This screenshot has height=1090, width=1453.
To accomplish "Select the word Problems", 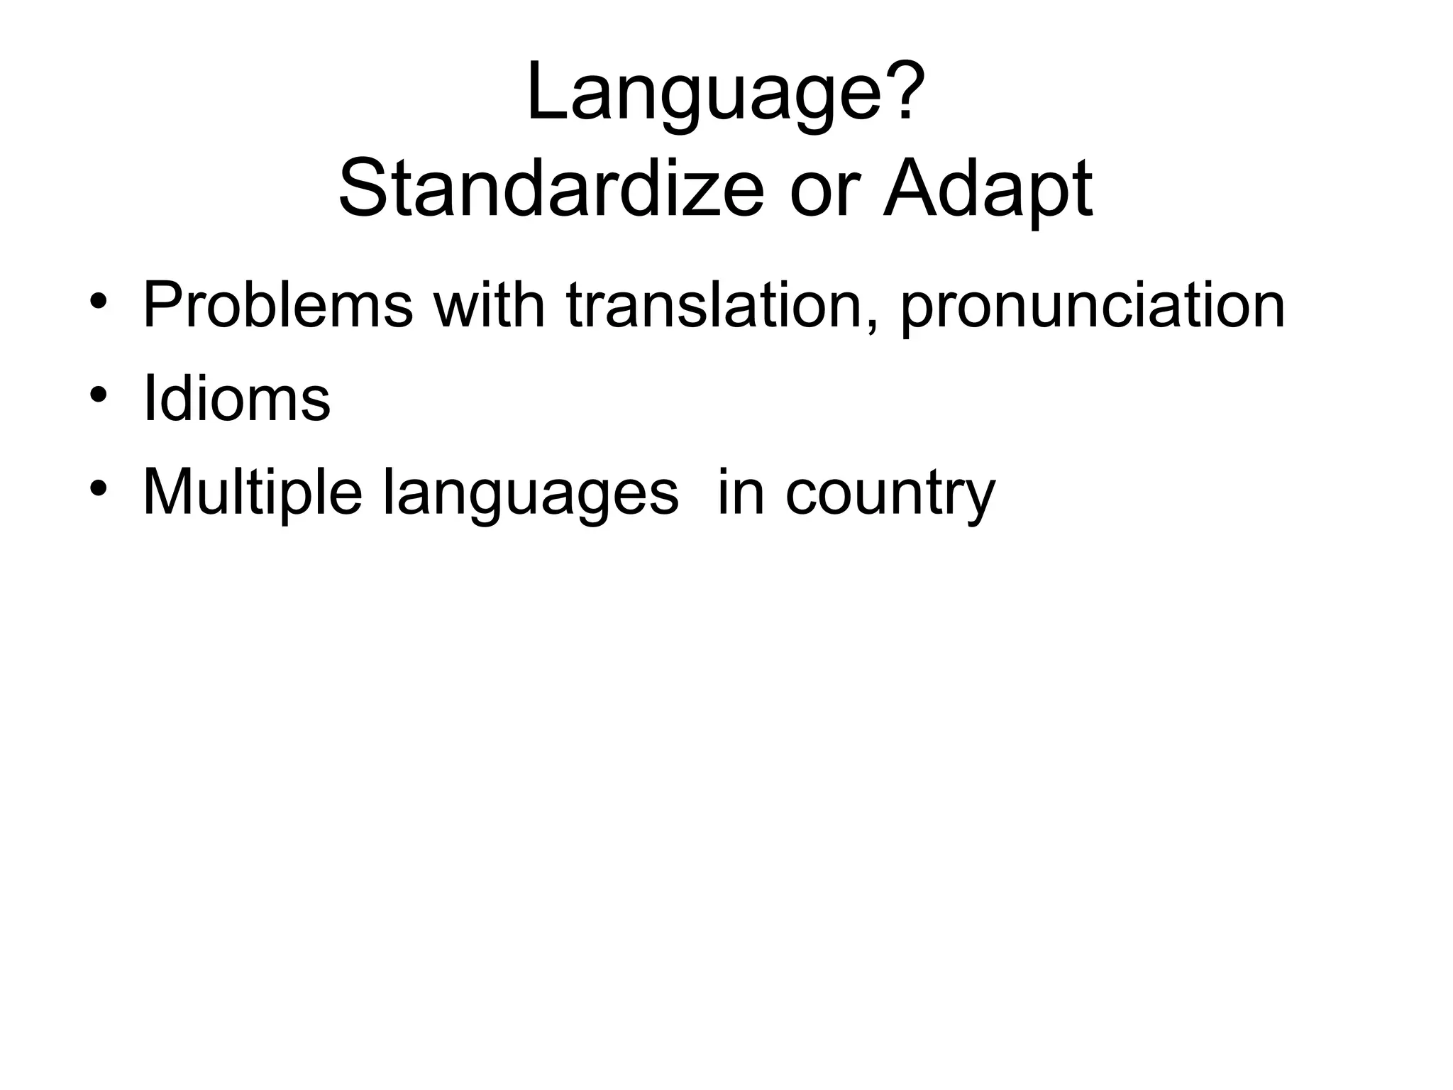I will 277,306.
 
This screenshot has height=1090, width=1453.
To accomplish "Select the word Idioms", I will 236,399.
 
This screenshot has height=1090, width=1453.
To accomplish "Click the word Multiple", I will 253,494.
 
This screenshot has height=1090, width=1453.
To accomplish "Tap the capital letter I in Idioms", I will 148,399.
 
